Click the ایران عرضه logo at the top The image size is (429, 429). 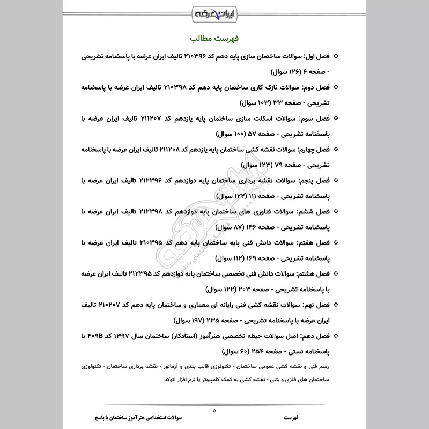pos(214,11)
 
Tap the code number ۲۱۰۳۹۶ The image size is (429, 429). pos(199,56)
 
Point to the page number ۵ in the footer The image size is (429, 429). pos(214,411)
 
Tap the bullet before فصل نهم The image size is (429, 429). pos(336,305)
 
